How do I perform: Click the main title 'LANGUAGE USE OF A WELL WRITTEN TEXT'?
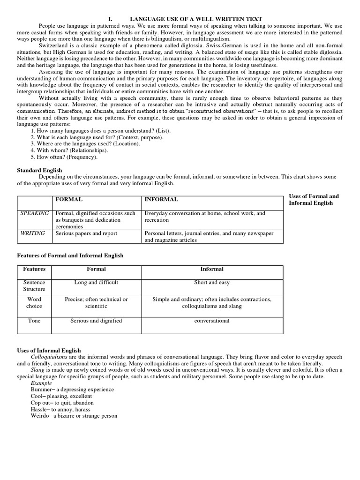(195, 18)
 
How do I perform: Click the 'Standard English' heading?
(39, 170)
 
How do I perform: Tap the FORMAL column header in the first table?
(69, 200)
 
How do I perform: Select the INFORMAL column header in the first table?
(161, 200)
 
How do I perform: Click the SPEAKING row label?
(34, 213)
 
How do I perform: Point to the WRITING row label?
(32, 233)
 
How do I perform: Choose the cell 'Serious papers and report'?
(86, 233)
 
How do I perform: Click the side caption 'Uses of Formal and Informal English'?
(314, 200)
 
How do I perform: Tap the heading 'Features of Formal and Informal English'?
(70, 255)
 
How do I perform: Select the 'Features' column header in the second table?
(34, 269)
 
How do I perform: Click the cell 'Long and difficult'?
(96, 283)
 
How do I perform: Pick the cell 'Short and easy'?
(212, 283)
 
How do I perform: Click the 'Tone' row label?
(34, 321)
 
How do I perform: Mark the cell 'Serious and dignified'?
(96, 321)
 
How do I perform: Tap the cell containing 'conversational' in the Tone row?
(212, 321)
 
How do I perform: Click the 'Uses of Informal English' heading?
(49, 350)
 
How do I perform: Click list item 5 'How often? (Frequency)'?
(64, 157)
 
